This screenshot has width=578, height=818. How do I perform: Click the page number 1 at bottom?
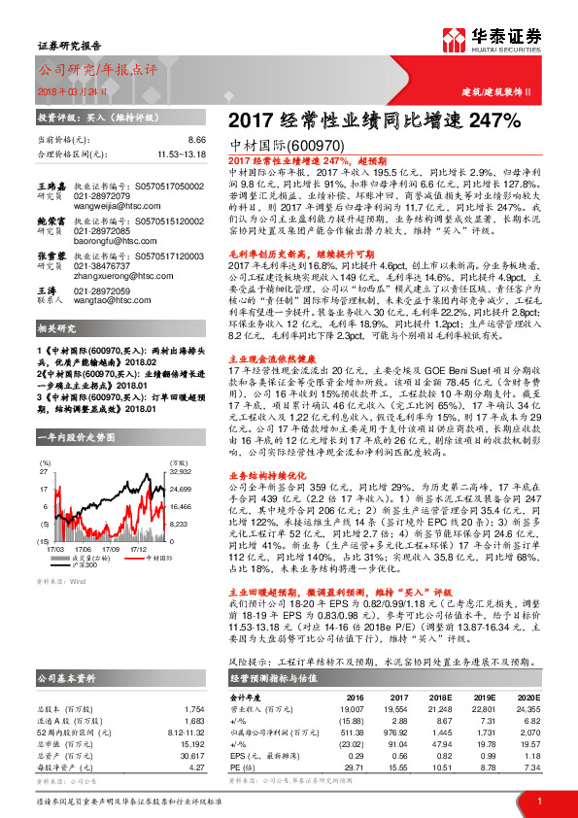tap(537, 800)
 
